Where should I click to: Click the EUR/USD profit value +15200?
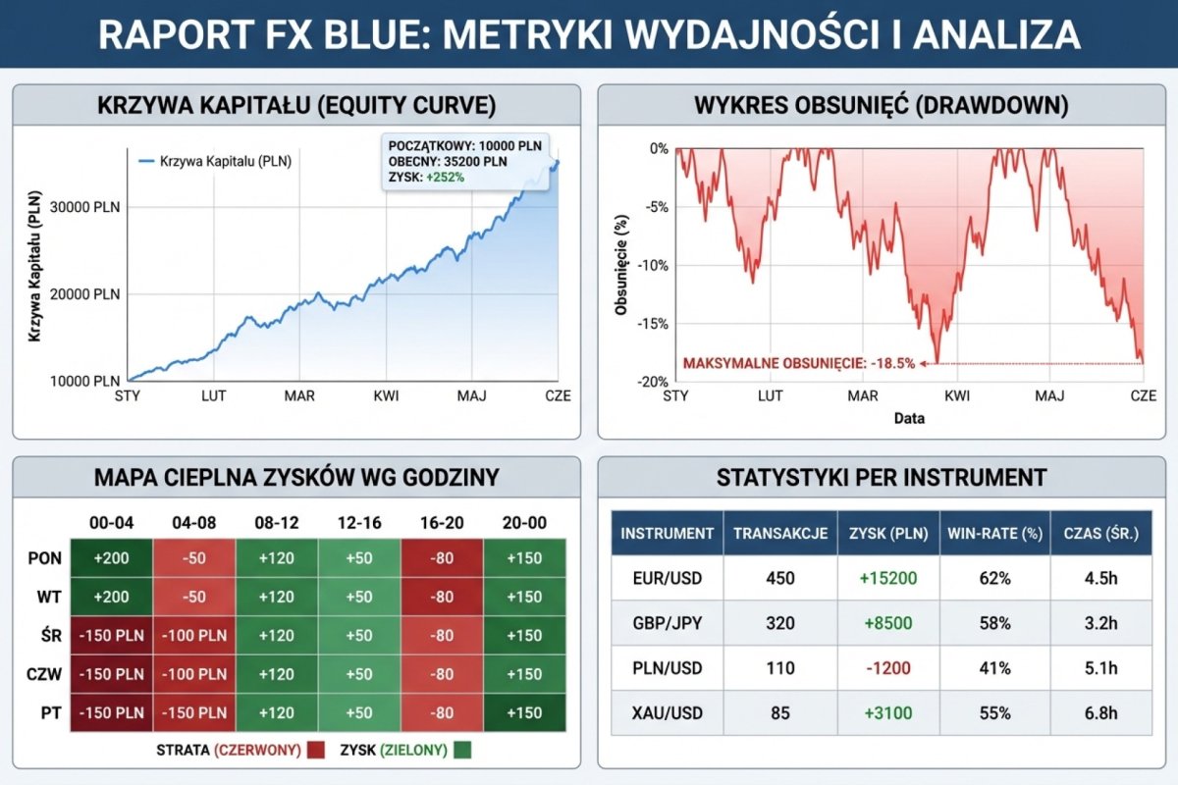pyautogui.click(x=887, y=578)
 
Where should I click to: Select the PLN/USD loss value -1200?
pyautogui.click(x=887, y=668)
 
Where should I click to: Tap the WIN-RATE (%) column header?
pyautogui.click(x=994, y=534)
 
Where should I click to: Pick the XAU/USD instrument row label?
pyautogui.click(x=668, y=713)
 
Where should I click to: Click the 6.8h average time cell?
pyautogui.click(x=1100, y=713)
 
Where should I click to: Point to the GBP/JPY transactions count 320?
pyautogui.click(x=780, y=623)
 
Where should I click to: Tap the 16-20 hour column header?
pyautogui.click(x=441, y=523)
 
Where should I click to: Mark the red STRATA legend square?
pyautogui.click(x=315, y=752)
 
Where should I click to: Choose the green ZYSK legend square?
pyautogui.click(x=461, y=752)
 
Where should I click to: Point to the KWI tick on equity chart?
pyautogui.click(x=386, y=396)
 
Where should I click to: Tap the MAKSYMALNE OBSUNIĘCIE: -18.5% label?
pyautogui.click(x=798, y=362)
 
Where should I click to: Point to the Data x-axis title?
pyautogui.click(x=909, y=418)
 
